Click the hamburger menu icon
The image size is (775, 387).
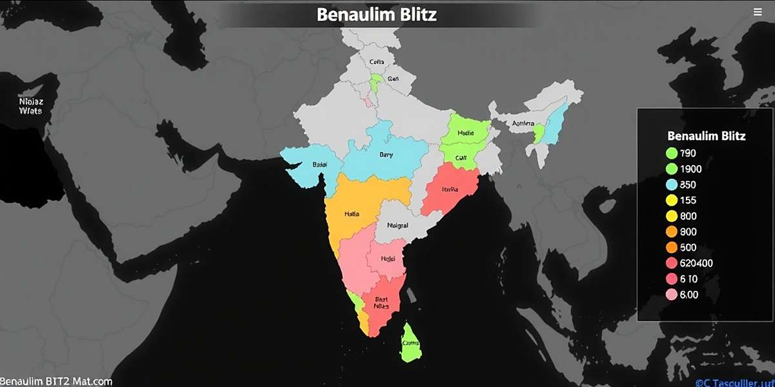coord(758,12)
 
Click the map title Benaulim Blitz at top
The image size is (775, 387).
coord(377,14)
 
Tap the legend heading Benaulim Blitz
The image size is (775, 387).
coord(706,136)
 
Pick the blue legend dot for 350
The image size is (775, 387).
coord(670,184)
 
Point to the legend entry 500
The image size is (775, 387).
coord(688,248)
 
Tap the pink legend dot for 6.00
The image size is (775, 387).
coord(670,295)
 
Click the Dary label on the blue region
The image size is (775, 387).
coord(386,155)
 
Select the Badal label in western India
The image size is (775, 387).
coord(320,165)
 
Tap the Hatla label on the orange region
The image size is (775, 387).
coord(352,213)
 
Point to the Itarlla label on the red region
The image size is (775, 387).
coord(449,190)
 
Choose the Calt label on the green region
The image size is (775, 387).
coord(461,157)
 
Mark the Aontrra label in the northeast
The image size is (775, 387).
coord(523,124)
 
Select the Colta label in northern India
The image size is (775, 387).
coord(377,63)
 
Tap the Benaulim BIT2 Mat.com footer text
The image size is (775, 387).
coord(56,382)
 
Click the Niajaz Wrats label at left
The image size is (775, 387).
coord(30,106)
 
